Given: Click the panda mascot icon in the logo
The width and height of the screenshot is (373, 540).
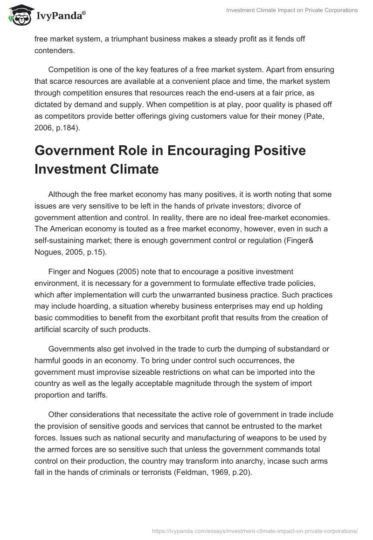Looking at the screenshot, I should [x=19, y=15].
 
